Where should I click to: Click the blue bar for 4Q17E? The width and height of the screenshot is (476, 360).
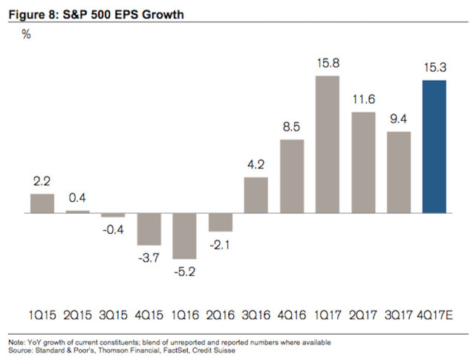pyautogui.click(x=434, y=146)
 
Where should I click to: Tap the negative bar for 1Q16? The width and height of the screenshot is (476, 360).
pyautogui.click(x=184, y=235)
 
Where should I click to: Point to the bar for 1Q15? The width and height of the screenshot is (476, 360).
pyautogui.click(x=42, y=203)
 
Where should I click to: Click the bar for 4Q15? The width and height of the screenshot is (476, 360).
pyautogui.click(x=149, y=229)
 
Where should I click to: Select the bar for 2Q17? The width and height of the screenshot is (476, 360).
pyautogui.click(x=362, y=163)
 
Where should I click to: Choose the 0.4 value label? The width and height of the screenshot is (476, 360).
pyautogui.click(x=77, y=198)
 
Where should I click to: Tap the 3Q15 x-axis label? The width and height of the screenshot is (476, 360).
pyautogui.click(x=113, y=315)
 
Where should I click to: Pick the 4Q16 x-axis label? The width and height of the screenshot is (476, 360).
pyautogui.click(x=291, y=315)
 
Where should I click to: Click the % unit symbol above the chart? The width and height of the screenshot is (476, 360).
pyautogui.click(x=25, y=35)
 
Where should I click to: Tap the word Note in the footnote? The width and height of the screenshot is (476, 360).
pyautogui.click(x=15, y=341)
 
